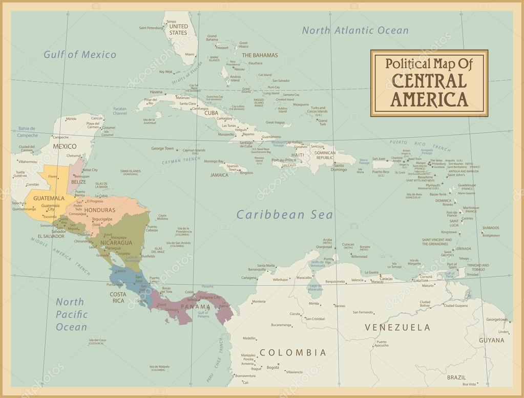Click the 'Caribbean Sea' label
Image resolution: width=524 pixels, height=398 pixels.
[x=285, y=215]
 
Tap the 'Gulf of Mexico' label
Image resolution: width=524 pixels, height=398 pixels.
[x=79, y=55]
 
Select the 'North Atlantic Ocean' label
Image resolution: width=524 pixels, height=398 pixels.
[x=355, y=30]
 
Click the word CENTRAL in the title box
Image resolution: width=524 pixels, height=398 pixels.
[x=429, y=81]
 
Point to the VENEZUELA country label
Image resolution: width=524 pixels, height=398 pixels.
[x=397, y=327]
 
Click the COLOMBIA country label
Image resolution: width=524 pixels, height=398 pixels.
[x=292, y=352]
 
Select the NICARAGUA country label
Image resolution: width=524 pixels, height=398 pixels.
[x=117, y=242]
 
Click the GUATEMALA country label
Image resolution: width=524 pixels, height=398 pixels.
[x=49, y=197]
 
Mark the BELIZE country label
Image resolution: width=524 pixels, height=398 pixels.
[x=78, y=182]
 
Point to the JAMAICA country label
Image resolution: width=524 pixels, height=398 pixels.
[x=219, y=175]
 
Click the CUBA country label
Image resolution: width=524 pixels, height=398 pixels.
[x=211, y=113]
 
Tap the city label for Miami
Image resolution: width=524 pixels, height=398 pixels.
[x=190, y=54]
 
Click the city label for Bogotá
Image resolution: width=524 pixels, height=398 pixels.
[x=273, y=367]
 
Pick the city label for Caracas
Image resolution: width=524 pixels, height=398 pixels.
[x=386, y=278]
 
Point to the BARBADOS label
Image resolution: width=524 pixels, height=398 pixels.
[x=491, y=228]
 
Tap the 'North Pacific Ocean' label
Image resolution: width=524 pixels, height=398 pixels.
[x=72, y=314]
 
